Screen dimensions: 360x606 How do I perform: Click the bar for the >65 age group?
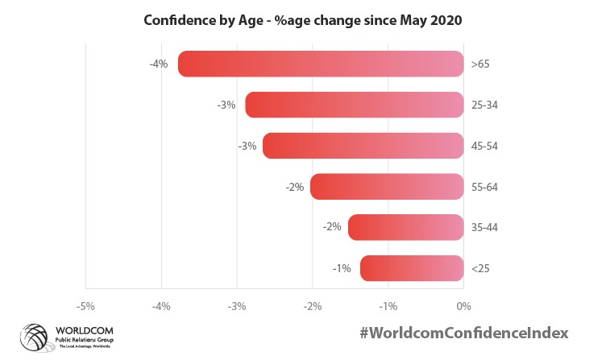coord(321,64)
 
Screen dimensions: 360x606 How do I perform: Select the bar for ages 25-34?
coord(355,105)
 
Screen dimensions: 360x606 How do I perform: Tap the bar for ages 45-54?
coord(363,146)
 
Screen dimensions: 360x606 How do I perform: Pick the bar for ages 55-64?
coord(387,187)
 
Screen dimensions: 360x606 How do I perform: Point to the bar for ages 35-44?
coord(406,227)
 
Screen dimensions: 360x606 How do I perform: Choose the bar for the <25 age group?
coord(412,268)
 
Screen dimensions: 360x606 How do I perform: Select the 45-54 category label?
coord(486,146)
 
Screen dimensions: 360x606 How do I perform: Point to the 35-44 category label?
coord(486,227)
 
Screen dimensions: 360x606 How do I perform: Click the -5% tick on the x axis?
coord(85,306)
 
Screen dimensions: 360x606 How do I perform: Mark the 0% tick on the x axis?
coord(463,306)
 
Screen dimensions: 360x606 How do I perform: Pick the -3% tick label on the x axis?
coord(237,306)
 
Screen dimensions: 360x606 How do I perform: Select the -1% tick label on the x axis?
coord(388,306)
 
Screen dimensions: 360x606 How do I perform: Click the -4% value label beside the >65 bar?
coord(158,64)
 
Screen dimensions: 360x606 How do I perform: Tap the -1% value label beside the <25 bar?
coord(341,268)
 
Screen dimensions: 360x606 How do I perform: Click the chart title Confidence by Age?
coord(302,20)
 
